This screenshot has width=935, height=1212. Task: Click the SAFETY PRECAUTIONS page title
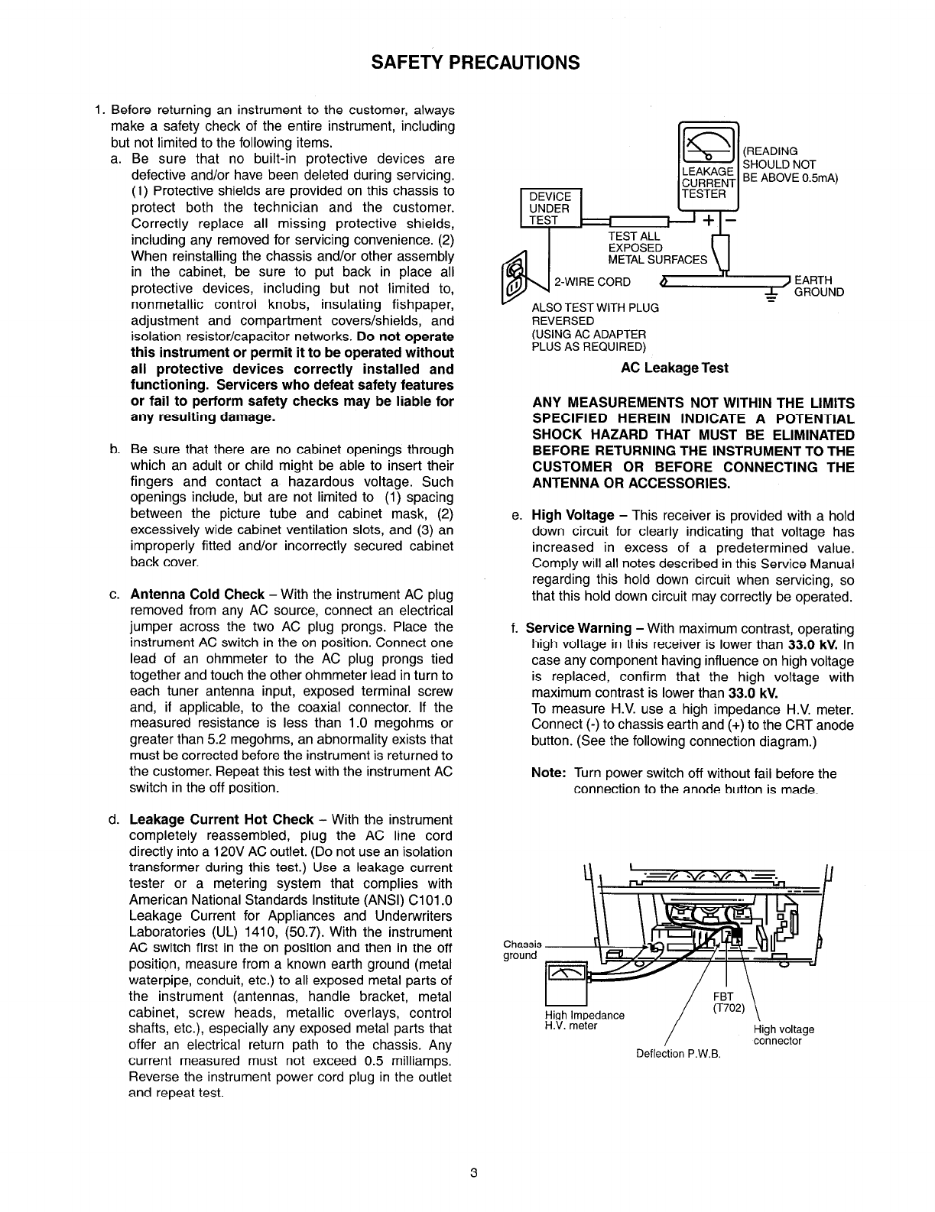tap(475, 62)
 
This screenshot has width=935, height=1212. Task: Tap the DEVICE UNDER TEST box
tap(550, 208)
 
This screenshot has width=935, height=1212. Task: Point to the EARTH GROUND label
tap(819, 286)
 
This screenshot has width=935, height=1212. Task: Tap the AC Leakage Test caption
tap(674, 368)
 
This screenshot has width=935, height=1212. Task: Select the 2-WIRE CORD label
tap(592, 282)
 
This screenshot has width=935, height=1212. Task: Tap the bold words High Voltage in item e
tap(573, 516)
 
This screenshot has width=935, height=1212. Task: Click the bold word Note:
tap(548, 773)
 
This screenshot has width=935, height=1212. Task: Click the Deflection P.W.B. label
tap(678, 1055)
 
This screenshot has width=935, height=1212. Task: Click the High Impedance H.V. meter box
tap(565, 985)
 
